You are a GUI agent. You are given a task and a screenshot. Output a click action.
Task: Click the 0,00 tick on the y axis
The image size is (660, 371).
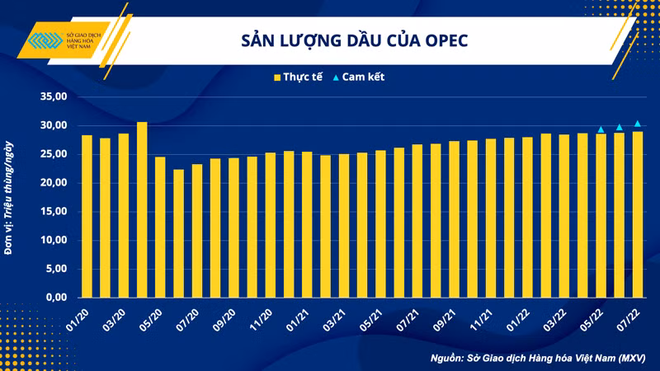(x=55, y=297)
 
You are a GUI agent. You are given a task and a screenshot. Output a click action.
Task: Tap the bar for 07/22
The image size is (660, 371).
(x=638, y=214)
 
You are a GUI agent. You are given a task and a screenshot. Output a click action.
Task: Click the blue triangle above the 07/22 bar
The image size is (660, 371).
(x=638, y=124)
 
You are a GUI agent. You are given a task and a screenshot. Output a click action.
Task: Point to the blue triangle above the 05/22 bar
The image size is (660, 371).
(x=601, y=129)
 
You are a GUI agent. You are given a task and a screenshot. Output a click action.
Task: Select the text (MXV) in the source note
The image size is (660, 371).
(x=629, y=359)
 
